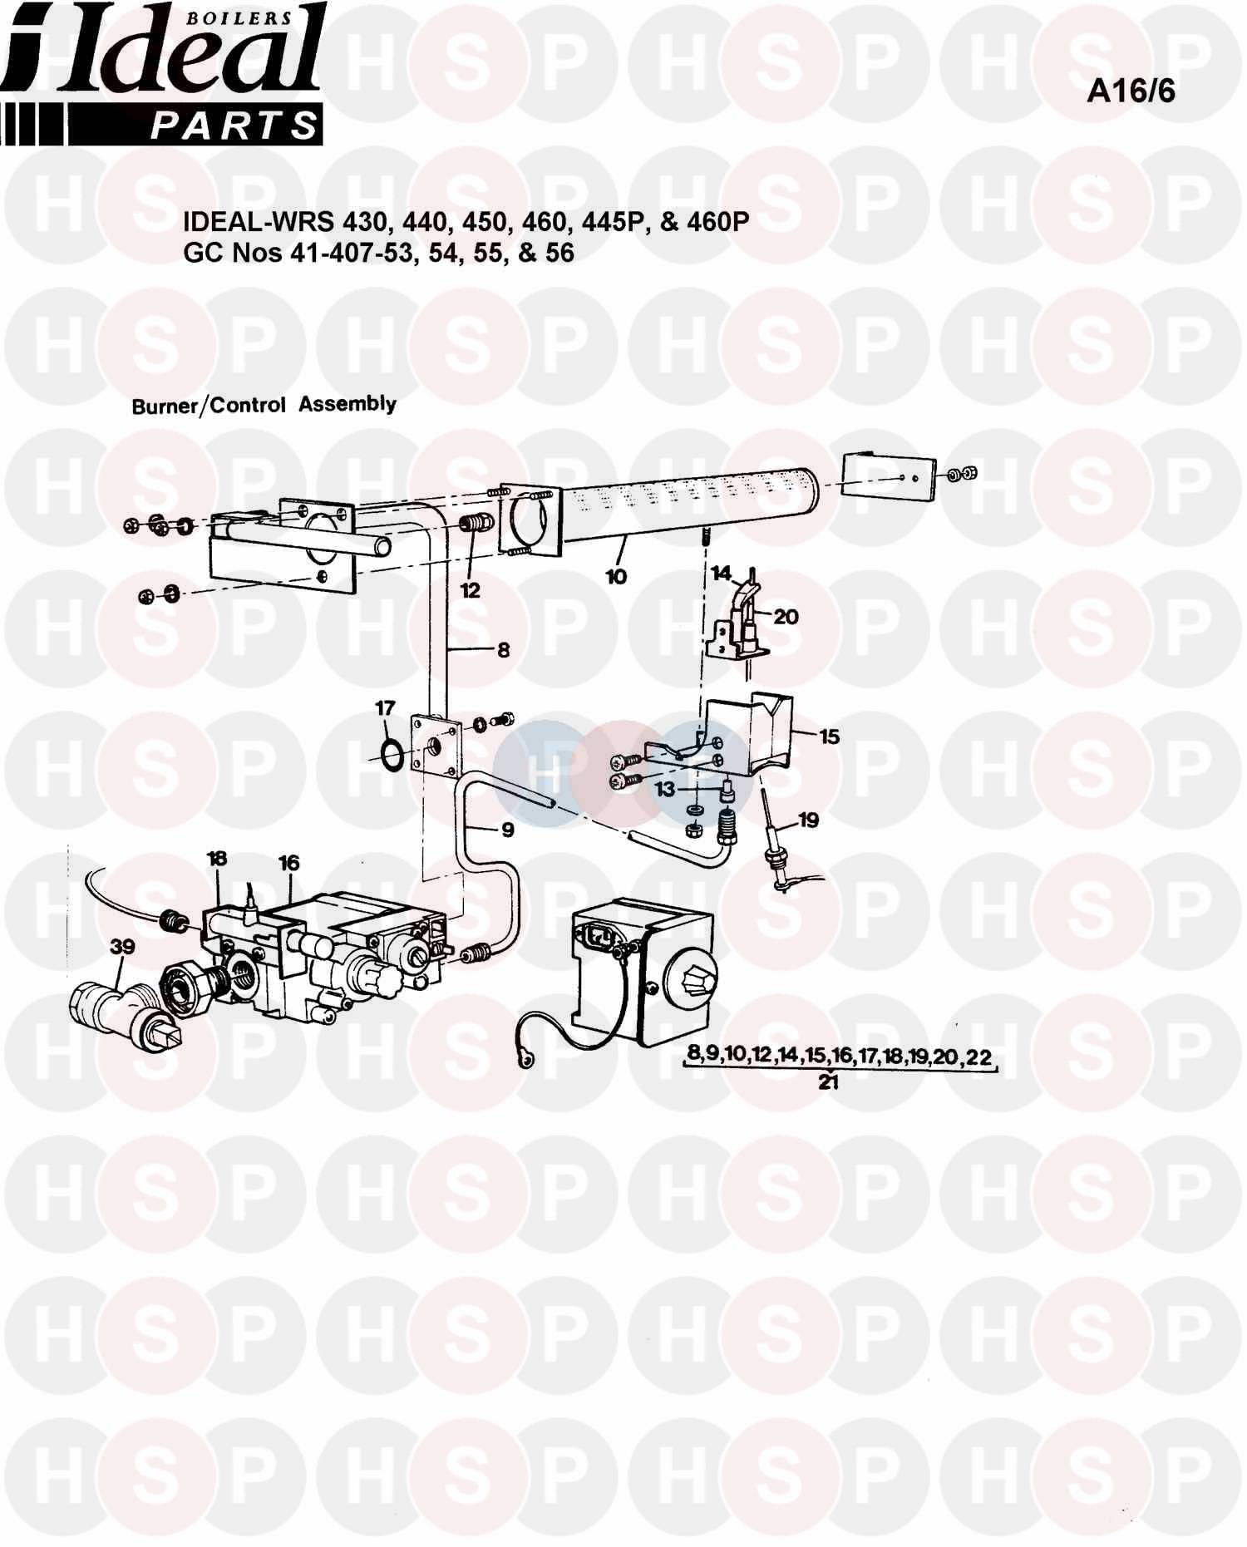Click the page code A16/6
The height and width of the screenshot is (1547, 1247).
tap(1131, 91)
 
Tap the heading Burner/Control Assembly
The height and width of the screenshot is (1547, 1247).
tap(264, 405)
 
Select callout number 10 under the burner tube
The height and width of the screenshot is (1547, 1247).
tap(616, 575)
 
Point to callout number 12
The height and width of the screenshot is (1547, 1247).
tap(470, 591)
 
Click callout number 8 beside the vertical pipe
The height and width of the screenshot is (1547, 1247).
tap(503, 650)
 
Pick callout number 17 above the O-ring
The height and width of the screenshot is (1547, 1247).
tap(385, 708)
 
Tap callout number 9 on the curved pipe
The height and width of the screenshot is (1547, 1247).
tap(507, 830)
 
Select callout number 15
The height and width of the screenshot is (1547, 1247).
tap(829, 737)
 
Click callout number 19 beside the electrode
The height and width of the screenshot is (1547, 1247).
tap(808, 820)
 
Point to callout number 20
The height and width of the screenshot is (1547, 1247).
tap(786, 617)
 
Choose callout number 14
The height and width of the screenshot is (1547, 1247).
tap(721, 573)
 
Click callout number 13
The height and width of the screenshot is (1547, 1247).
tap(664, 789)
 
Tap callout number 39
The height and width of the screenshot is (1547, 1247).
tap(122, 947)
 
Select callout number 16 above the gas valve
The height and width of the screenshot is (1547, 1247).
tap(288, 863)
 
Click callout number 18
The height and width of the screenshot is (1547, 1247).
tap(217, 858)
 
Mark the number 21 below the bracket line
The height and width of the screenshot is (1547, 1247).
tap(828, 1082)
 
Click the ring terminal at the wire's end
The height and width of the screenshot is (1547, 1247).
tap(525, 1061)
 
